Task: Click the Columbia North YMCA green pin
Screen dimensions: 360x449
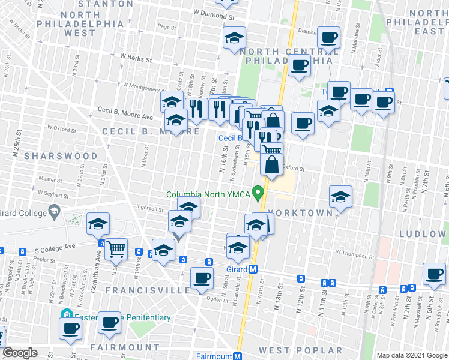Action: pos(259,193)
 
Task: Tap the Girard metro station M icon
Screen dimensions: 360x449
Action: pos(254,269)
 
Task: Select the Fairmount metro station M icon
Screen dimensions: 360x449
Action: pos(237,356)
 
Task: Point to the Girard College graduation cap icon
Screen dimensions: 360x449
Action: pos(55,211)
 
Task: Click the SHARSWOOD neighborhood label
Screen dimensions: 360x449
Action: pos(61,155)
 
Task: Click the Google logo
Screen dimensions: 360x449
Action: pos(20,353)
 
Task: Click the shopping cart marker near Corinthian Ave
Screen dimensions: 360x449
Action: pos(116,249)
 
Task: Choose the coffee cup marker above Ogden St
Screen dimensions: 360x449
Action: pos(202,277)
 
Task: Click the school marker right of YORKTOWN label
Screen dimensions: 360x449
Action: pos(340,196)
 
